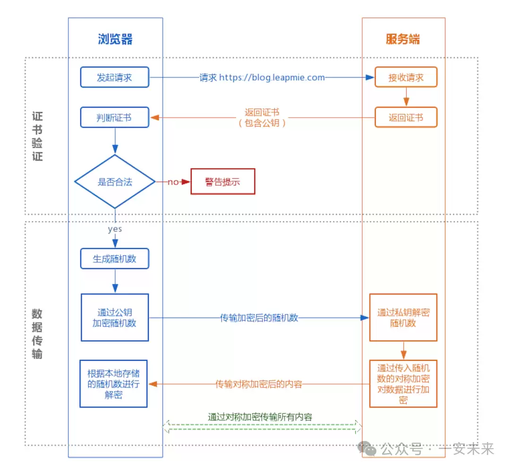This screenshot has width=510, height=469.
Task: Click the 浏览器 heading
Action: tap(115, 39)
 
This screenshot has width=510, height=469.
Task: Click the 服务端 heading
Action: tap(402, 39)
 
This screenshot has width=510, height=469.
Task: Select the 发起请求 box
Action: tap(114, 77)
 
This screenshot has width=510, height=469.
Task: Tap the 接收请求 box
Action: tap(406, 77)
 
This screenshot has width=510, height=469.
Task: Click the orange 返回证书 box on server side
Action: tap(406, 118)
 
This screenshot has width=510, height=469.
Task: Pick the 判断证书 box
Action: tap(114, 118)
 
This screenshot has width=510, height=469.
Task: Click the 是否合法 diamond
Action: tap(115, 182)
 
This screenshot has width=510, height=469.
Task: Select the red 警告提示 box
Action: tap(222, 182)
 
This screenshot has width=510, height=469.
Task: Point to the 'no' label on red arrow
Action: tap(173, 182)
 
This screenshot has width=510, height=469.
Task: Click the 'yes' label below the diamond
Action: tap(115, 229)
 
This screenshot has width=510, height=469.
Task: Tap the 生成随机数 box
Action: tap(114, 259)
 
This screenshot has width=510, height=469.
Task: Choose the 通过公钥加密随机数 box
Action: tap(115, 317)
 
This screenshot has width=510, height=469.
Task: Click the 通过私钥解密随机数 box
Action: tap(403, 317)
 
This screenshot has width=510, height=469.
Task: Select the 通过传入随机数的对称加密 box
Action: tap(403, 383)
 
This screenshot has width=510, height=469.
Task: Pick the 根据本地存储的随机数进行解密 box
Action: tap(113, 384)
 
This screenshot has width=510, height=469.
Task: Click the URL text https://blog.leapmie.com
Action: tap(272, 77)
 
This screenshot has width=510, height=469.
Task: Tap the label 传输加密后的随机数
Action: tap(259, 318)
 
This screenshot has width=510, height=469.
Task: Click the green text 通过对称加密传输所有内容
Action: tap(260, 417)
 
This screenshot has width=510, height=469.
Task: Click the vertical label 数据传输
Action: tap(37, 333)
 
